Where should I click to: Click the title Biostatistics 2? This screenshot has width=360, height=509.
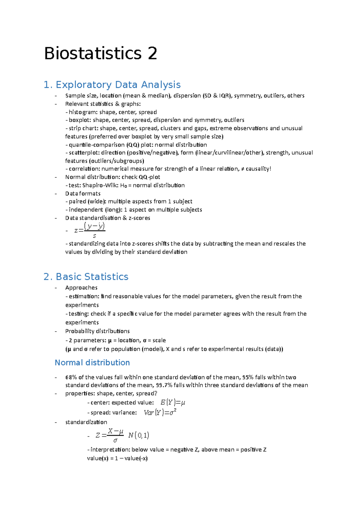[x=100, y=54]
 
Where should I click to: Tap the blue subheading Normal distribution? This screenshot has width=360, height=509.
[x=92, y=363]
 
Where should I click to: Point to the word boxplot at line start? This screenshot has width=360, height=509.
[x=79, y=120]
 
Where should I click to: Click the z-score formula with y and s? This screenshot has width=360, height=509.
[x=90, y=230]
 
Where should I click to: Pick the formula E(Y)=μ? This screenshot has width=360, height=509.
[x=173, y=403]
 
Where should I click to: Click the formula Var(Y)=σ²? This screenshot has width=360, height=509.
[x=160, y=413]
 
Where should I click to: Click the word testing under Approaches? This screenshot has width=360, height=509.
[x=79, y=314]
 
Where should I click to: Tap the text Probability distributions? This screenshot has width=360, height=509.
[x=97, y=331]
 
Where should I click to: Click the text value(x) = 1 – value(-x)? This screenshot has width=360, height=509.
[x=117, y=458]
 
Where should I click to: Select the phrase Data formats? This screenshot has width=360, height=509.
[x=83, y=194]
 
